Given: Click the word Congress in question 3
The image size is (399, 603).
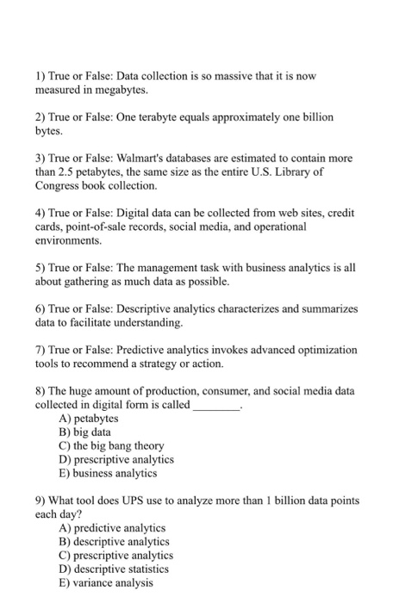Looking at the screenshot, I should tap(61, 185).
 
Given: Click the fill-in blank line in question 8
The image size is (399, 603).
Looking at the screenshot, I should tap(215, 405).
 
